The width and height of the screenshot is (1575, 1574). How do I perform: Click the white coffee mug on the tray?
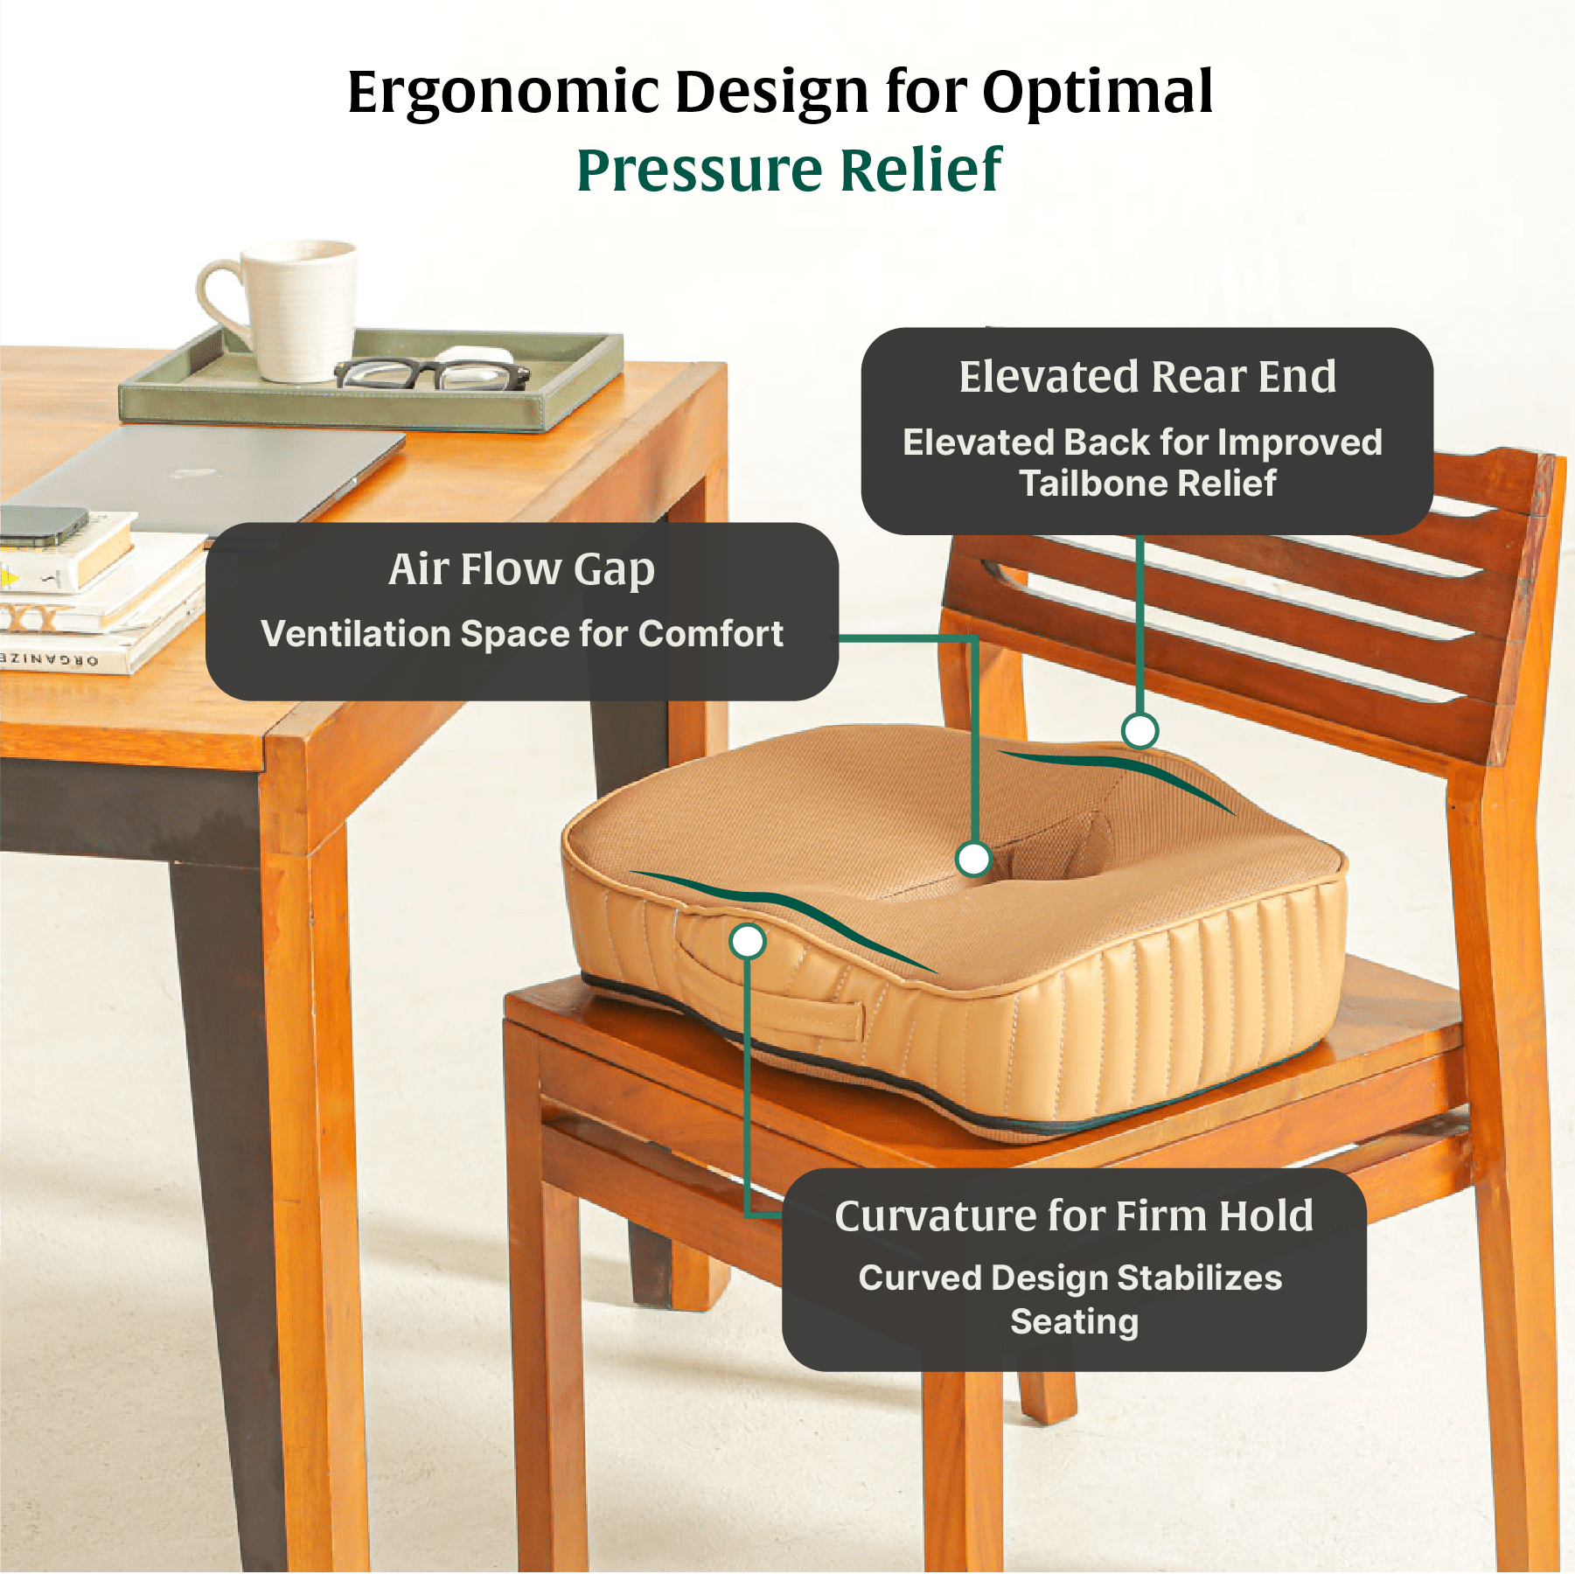[x=280, y=310]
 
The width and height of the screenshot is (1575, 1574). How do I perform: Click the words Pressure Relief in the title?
[x=789, y=170]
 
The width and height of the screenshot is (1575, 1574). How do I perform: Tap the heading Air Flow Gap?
[x=521, y=569]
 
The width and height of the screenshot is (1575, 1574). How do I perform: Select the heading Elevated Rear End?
[x=1147, y=377]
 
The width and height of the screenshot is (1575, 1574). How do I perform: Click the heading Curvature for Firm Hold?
[x=1074, y=1215]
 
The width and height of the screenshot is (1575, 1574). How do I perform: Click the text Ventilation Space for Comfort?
[x=522, y=633]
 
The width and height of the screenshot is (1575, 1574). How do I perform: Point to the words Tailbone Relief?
[x=1147, y=483]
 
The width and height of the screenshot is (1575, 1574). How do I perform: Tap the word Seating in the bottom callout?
[x=1074, y=1321]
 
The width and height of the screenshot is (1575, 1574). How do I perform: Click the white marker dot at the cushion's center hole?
[x=973, y=859]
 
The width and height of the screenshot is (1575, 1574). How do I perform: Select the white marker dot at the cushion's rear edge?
[x=1139, y=730]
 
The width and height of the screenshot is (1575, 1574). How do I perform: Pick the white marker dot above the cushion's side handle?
[x=747, y=941]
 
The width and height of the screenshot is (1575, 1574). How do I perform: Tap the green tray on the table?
[x=372, y=380]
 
